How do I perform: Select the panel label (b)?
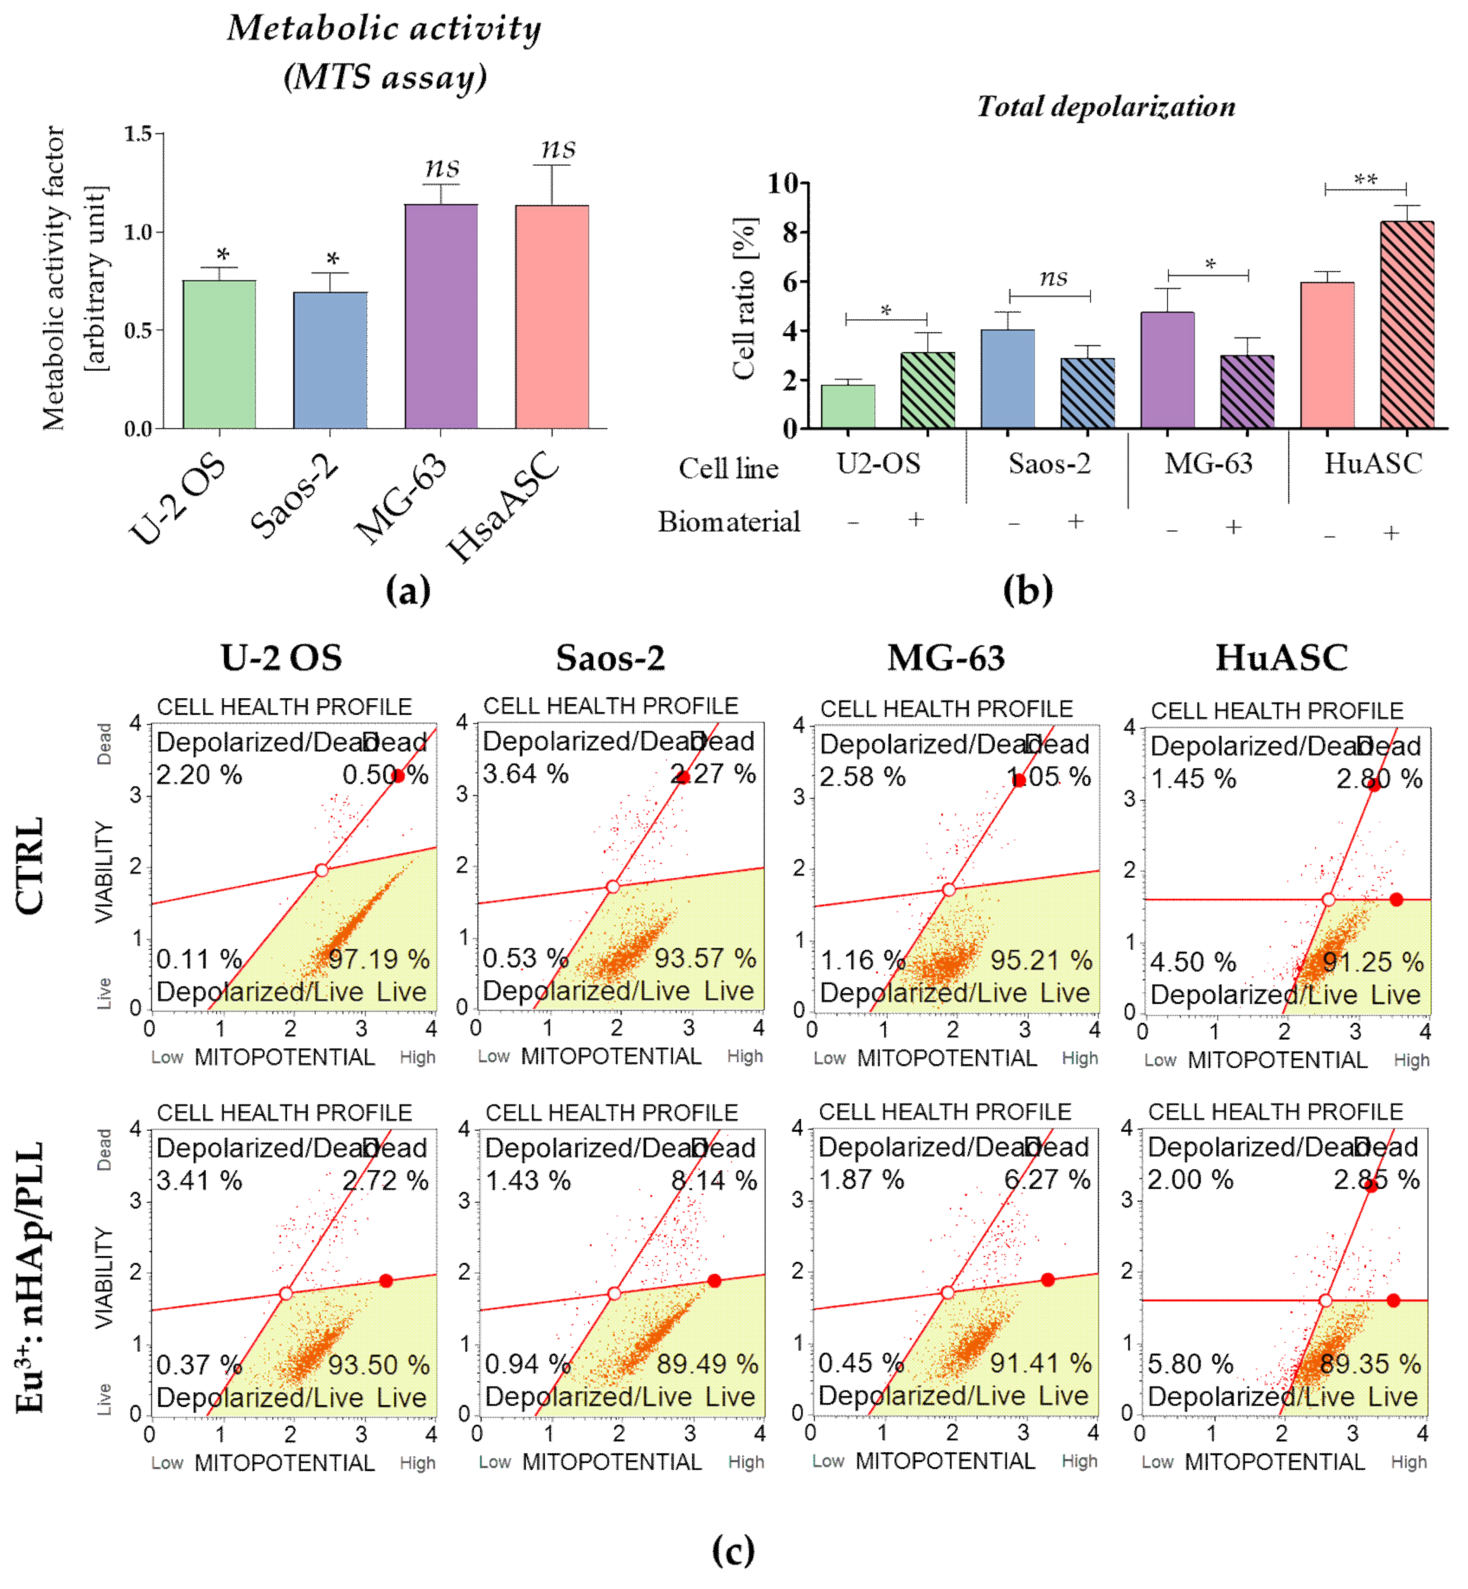1028,591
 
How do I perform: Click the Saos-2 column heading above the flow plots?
610,658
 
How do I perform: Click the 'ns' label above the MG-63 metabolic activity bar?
442,167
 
